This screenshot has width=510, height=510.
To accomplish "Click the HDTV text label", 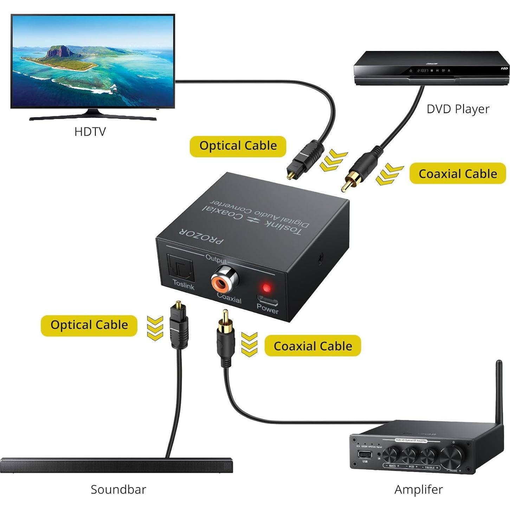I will (x=90, y=132).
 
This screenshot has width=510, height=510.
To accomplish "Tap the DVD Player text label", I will (x=458, y=109).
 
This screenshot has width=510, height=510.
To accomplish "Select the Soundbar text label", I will (x=118, y=489).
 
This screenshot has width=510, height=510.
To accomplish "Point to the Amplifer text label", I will (x=418, y=489).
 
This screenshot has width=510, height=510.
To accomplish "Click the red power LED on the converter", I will (x=267, y=288).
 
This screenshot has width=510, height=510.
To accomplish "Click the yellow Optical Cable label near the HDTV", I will (x=238, y=146).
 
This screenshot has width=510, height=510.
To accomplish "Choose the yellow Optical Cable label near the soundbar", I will (x=89, y=325).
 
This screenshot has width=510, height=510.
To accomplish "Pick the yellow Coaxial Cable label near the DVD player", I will (x=458, y=174).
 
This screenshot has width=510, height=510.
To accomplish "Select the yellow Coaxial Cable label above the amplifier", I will (x=312, y=346).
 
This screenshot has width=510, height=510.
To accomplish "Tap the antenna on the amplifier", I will (x=498, y=390).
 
